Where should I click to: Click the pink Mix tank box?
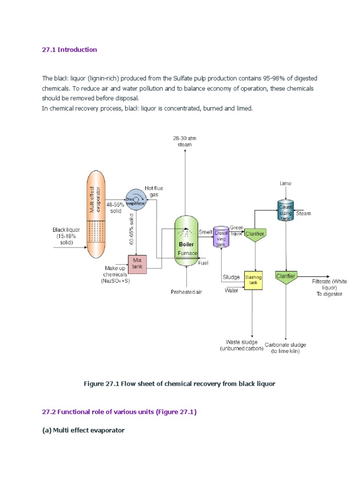[137, 264]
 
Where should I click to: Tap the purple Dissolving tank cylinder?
[220, 238]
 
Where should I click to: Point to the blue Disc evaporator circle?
[135, 200]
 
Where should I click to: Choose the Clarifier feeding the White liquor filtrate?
[285, 278]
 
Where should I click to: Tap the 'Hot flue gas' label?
[157, 191]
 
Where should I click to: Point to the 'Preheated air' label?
[186, 292]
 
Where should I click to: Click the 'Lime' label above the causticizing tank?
[285, 183]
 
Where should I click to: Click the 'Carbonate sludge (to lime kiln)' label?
[285, 347]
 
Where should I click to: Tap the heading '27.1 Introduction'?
[69, 50]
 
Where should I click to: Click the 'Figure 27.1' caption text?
[179, 383]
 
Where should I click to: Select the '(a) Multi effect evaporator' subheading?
[83, 430]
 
